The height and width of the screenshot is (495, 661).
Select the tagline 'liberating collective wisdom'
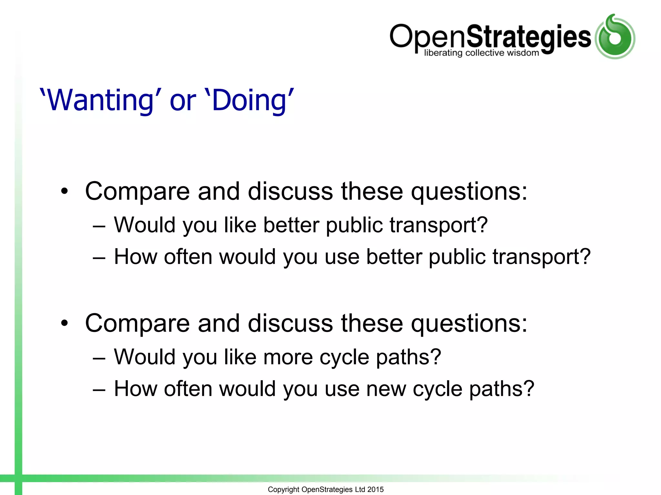click(481, 53)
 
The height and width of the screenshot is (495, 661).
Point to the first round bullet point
click(65, 191)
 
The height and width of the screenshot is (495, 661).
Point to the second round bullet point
click(65, 323)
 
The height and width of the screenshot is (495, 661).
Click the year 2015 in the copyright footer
click(375, 490)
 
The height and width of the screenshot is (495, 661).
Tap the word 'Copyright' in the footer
click(283, 490)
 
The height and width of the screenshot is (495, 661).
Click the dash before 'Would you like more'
click(99, 358)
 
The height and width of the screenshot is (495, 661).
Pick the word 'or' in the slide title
click(183, 101)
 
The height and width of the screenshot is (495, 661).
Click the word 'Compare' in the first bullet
click(137, 192)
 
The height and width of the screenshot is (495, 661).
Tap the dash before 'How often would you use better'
click(99, 258)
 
